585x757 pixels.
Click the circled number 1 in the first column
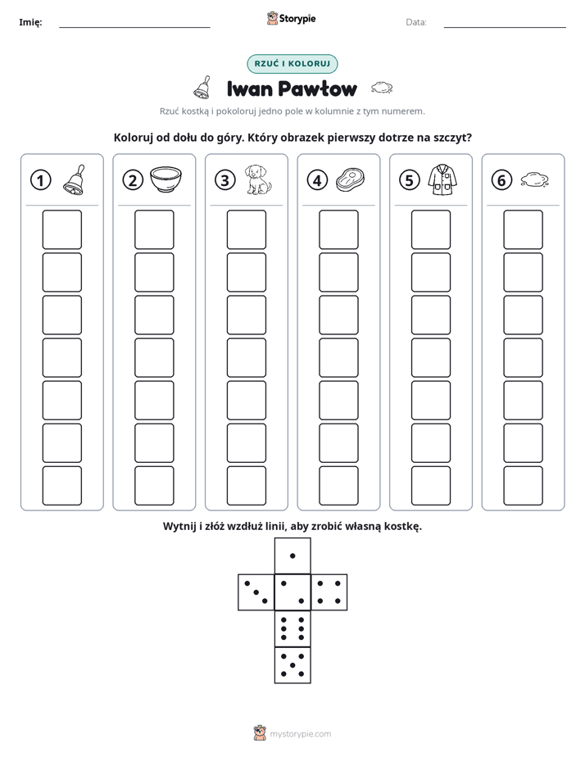click(x=40, y=180)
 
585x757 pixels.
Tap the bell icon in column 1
click(x=75, y=179)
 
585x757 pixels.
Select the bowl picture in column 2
click(x=166, y=179)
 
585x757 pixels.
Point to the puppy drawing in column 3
click(x=258, y=179)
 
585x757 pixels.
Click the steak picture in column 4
click(x=350, y=180)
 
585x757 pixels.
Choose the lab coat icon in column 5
click(x=442, y=179)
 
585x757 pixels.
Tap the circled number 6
click(x=501, y=180)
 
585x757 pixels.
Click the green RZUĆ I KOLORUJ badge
click(x=292, y=64)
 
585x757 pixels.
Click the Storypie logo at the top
click(x=291, y=19)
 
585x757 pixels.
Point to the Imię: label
click(x=30, y=22)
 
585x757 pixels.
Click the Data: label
click(x=416, y=22)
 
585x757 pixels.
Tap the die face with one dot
click(x=292, y=555)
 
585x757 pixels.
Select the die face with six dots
click(x=292, y=628)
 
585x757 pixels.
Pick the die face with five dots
click(x=292, y=665)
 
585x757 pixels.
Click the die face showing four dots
click(x=329, y=592)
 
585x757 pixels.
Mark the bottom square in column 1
click(x=61, y=486)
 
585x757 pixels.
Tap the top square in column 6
click(x=524, y=229)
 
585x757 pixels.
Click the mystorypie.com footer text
click(x=300, y=734)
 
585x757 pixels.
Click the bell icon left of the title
click(x=202, y=88)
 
